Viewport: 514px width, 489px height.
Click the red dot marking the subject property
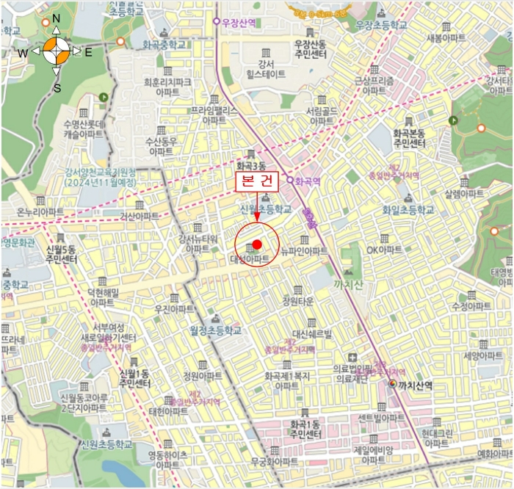tap(257, 245)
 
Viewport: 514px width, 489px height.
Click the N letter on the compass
tap(57, 18)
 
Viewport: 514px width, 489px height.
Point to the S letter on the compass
tap(57, 88)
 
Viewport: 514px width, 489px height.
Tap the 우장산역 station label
tap(239, 22)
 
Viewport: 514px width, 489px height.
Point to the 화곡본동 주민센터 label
tap(410, 137)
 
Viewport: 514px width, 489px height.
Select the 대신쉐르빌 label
tap(314, 334)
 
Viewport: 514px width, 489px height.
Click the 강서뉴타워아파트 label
tap(198, 244)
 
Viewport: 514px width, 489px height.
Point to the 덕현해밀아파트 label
tap(102, 297)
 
